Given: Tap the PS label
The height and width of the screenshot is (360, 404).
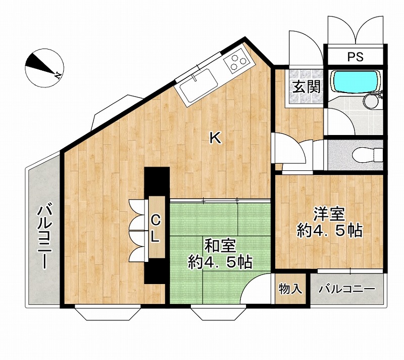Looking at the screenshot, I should [x=355, y=57].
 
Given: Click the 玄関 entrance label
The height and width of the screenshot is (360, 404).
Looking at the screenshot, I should [x=307, y=86].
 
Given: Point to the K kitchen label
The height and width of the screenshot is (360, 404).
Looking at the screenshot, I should [x=216, y=137].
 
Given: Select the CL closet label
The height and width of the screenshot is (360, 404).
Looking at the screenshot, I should [x=156, y=228].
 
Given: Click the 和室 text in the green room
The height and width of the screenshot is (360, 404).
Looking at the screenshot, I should [x=220, y=246].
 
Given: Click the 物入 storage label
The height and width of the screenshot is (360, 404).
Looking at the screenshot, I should [x=290, y=289].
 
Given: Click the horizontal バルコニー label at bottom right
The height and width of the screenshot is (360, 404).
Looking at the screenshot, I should [x=346, y=290].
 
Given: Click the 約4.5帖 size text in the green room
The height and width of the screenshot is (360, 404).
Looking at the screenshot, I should [x=220, y=262].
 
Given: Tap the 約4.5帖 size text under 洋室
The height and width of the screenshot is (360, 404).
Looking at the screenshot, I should [x=329, y=231].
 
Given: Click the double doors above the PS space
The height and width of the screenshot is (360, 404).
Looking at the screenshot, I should [x=356, y=31].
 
